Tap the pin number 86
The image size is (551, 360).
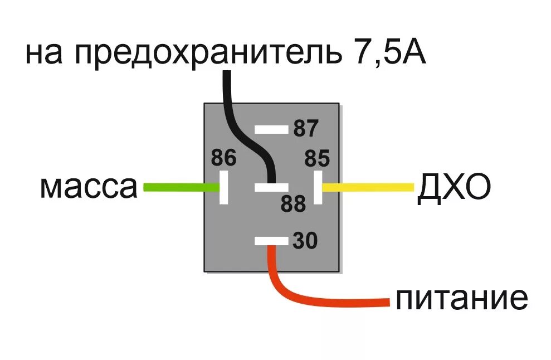coord(223,158)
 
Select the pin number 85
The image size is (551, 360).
coord(317,159)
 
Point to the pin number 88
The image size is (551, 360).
coord(293,204)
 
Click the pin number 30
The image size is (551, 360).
coord(305,241)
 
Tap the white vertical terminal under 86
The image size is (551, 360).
coord(224,187)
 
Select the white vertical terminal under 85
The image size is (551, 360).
coord(319,187)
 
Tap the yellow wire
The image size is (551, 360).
coord(368,187)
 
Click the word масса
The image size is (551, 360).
coord(88,188)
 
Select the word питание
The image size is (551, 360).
coord(461,300)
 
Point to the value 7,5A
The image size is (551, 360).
coord(391,54)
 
